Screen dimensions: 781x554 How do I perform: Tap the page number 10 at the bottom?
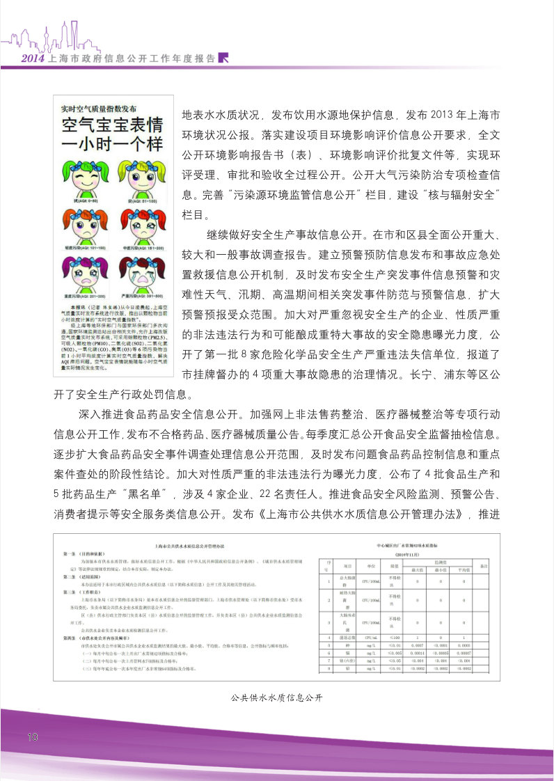click(33, 736)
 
